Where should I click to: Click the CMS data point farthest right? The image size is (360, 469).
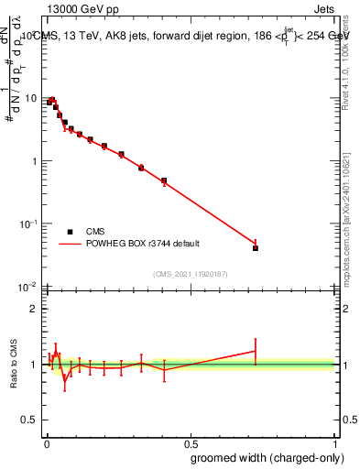[256, 248]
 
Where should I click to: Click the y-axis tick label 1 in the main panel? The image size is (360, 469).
[34, 161]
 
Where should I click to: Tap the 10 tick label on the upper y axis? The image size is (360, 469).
[31, 99]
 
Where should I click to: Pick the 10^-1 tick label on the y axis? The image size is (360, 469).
[29, 224]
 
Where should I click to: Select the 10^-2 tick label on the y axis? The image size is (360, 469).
[29, 287]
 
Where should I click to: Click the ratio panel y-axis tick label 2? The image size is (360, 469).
[34, 309]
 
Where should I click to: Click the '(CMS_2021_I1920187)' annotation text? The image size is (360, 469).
[191, 274]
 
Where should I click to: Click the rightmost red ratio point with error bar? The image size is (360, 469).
[256, 351]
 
